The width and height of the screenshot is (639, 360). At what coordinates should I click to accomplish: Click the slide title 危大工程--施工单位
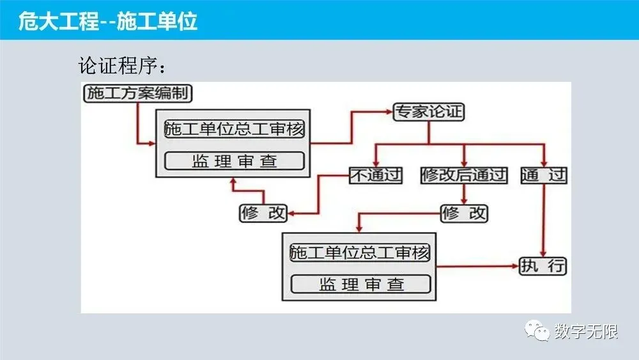point(108,22)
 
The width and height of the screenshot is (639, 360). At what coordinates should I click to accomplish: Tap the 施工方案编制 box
point(137,93)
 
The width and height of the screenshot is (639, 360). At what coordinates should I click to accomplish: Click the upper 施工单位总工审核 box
point(235,129)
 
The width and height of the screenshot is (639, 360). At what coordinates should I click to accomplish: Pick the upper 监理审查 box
point(235,160)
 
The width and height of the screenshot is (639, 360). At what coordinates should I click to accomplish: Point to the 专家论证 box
point(428,112)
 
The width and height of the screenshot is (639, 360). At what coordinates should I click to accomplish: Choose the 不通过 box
point(376,175)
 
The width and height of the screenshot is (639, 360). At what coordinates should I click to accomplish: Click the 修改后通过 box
point(464,175)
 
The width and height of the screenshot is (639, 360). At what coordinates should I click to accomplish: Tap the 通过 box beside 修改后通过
point(544,175)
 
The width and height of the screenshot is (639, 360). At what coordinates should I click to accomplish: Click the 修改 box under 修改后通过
point(464,213)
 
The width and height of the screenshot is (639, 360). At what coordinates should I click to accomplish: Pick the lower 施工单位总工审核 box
point(360,252)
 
